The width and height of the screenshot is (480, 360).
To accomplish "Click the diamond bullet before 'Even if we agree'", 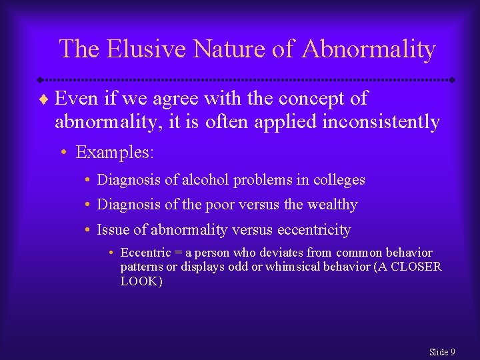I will point(44,99).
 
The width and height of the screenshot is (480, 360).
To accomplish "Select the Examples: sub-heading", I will point(115,153).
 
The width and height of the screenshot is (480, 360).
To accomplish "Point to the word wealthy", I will point(332,205).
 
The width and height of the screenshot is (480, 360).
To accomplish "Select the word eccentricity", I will point(313,230).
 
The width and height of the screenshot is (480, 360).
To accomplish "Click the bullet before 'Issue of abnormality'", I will point(87,230).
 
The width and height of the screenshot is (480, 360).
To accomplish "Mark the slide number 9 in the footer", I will point(452,351).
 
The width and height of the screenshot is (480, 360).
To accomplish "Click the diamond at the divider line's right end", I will point(451,79).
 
